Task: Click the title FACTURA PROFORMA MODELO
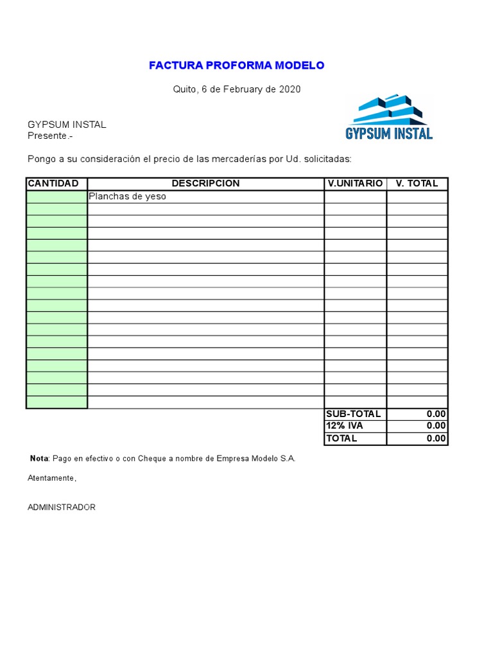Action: point(236,66)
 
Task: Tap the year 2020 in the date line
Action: point(290,89)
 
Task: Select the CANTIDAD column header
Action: point(53,184)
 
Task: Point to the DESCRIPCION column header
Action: point(205,184)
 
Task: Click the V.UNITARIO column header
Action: point(355,184)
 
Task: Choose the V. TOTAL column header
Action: point(417,184)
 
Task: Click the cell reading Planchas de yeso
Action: point(127,197)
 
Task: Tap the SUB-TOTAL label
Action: point(353,414)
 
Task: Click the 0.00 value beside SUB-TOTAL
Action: point(436,414)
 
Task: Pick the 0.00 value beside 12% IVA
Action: point(436,426)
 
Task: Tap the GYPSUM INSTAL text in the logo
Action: point(389,134)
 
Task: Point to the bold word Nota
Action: point(39,459)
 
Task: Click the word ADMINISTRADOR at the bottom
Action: point(62,508)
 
